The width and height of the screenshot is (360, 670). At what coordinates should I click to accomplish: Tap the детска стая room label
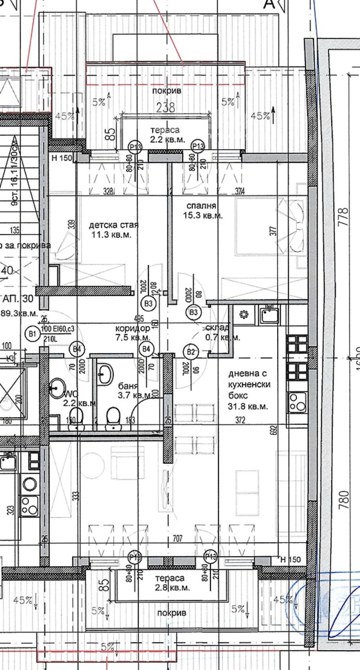tap(113, 225)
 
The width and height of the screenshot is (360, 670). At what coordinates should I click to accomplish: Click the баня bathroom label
tap(127, 385)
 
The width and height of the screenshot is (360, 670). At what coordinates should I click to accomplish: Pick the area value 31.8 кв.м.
tap(248, 406)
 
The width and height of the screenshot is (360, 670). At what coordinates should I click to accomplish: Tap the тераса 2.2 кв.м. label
tap(167, 135)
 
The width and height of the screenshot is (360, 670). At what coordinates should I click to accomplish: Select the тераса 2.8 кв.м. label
tap(172, 583)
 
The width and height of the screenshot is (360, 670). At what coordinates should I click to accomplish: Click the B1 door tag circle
tap(32, 334)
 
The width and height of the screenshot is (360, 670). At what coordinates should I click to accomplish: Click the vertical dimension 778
tap(345, 216)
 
